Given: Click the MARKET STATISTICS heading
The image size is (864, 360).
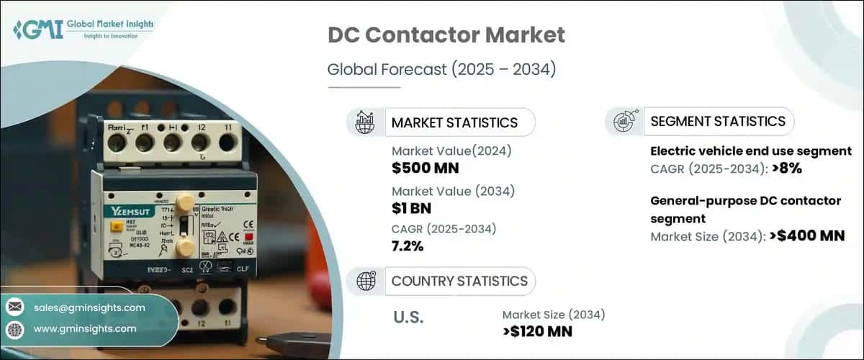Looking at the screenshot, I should point(454,122).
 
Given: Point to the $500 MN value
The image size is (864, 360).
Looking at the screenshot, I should point(426,168).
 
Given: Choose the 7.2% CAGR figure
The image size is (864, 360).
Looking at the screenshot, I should point(408,247).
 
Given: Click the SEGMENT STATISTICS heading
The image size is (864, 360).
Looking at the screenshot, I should point(717,121).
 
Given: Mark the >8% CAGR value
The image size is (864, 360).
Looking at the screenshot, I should point(786,168).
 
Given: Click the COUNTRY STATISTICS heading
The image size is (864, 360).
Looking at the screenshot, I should point(459,281).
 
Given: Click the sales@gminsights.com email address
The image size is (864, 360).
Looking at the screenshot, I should point(89,307).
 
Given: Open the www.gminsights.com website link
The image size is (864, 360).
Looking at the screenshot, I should point(85,328).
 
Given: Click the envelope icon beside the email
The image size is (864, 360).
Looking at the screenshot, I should point(15,307).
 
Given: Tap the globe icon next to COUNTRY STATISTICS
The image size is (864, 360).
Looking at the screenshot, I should point(366,281).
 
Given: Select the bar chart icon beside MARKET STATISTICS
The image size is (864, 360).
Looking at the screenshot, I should point(366,122).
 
